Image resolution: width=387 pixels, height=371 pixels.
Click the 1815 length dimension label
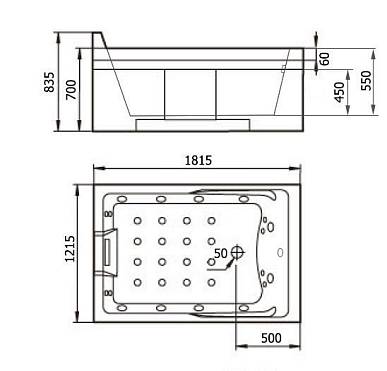point(198,161)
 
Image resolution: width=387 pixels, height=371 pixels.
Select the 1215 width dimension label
point(70,249)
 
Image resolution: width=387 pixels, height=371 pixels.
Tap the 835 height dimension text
point(49,82)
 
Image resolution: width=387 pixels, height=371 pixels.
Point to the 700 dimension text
point(71,90)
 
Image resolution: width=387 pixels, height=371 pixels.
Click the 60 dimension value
point(324,59)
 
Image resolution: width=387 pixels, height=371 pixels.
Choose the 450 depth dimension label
point(339,92)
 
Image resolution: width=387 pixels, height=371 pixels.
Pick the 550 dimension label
point(366,80)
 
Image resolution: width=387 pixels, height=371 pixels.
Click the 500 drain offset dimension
point(271,338)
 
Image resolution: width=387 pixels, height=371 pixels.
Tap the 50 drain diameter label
point(221,253)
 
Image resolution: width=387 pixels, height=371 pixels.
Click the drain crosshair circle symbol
point(237,252)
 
